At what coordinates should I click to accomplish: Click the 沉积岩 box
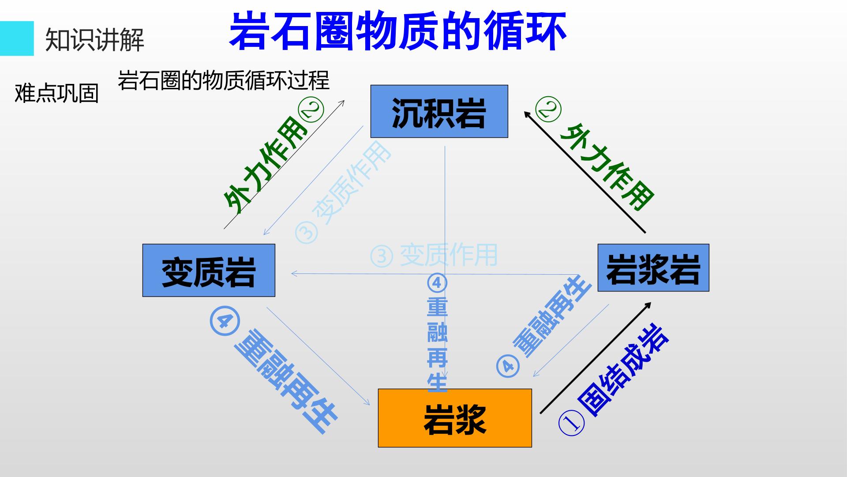click(x=439, y=111)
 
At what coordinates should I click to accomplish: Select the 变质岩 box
click(x=209, y=270)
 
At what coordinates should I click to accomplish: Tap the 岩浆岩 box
click(x=653, y=268)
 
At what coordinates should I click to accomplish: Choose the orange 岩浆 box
click(x=455, y=418)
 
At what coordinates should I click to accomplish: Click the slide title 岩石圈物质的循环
click(x=398, y=31)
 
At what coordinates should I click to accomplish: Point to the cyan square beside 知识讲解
click(x=17, y=38)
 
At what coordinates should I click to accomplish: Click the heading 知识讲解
click(x=95, y=40)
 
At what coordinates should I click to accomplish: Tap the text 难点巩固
click(x=56, y=93)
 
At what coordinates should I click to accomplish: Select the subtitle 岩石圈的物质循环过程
click(x=224, y=80)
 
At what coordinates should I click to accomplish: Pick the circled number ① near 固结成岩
click(x=572, y=423)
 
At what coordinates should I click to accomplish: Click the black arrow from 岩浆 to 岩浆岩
click(x=596, y=358)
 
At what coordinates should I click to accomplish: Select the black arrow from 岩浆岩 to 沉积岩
click(x=585, y=171)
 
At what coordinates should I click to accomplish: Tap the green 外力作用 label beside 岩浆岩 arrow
click(x=607, y=167)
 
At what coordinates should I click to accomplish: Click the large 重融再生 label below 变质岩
click(x=286, y=381)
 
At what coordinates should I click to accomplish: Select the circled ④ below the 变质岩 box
click(x=225, y=321)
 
